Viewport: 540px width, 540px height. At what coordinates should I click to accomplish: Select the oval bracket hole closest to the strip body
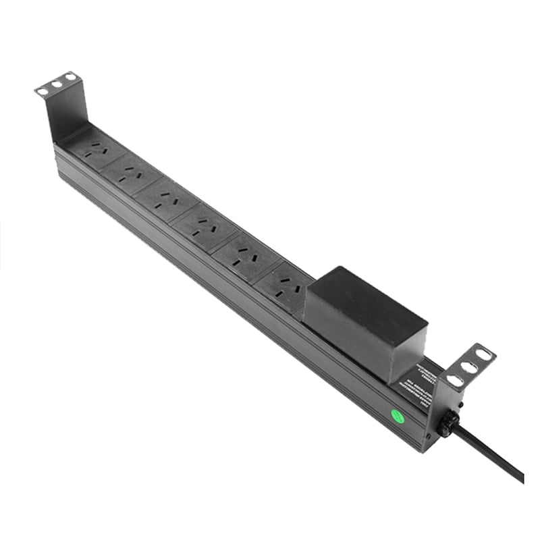[456, 381]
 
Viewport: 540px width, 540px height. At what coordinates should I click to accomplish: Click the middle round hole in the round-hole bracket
[57, 84]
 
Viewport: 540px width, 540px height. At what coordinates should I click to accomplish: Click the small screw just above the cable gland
[460, 404]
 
